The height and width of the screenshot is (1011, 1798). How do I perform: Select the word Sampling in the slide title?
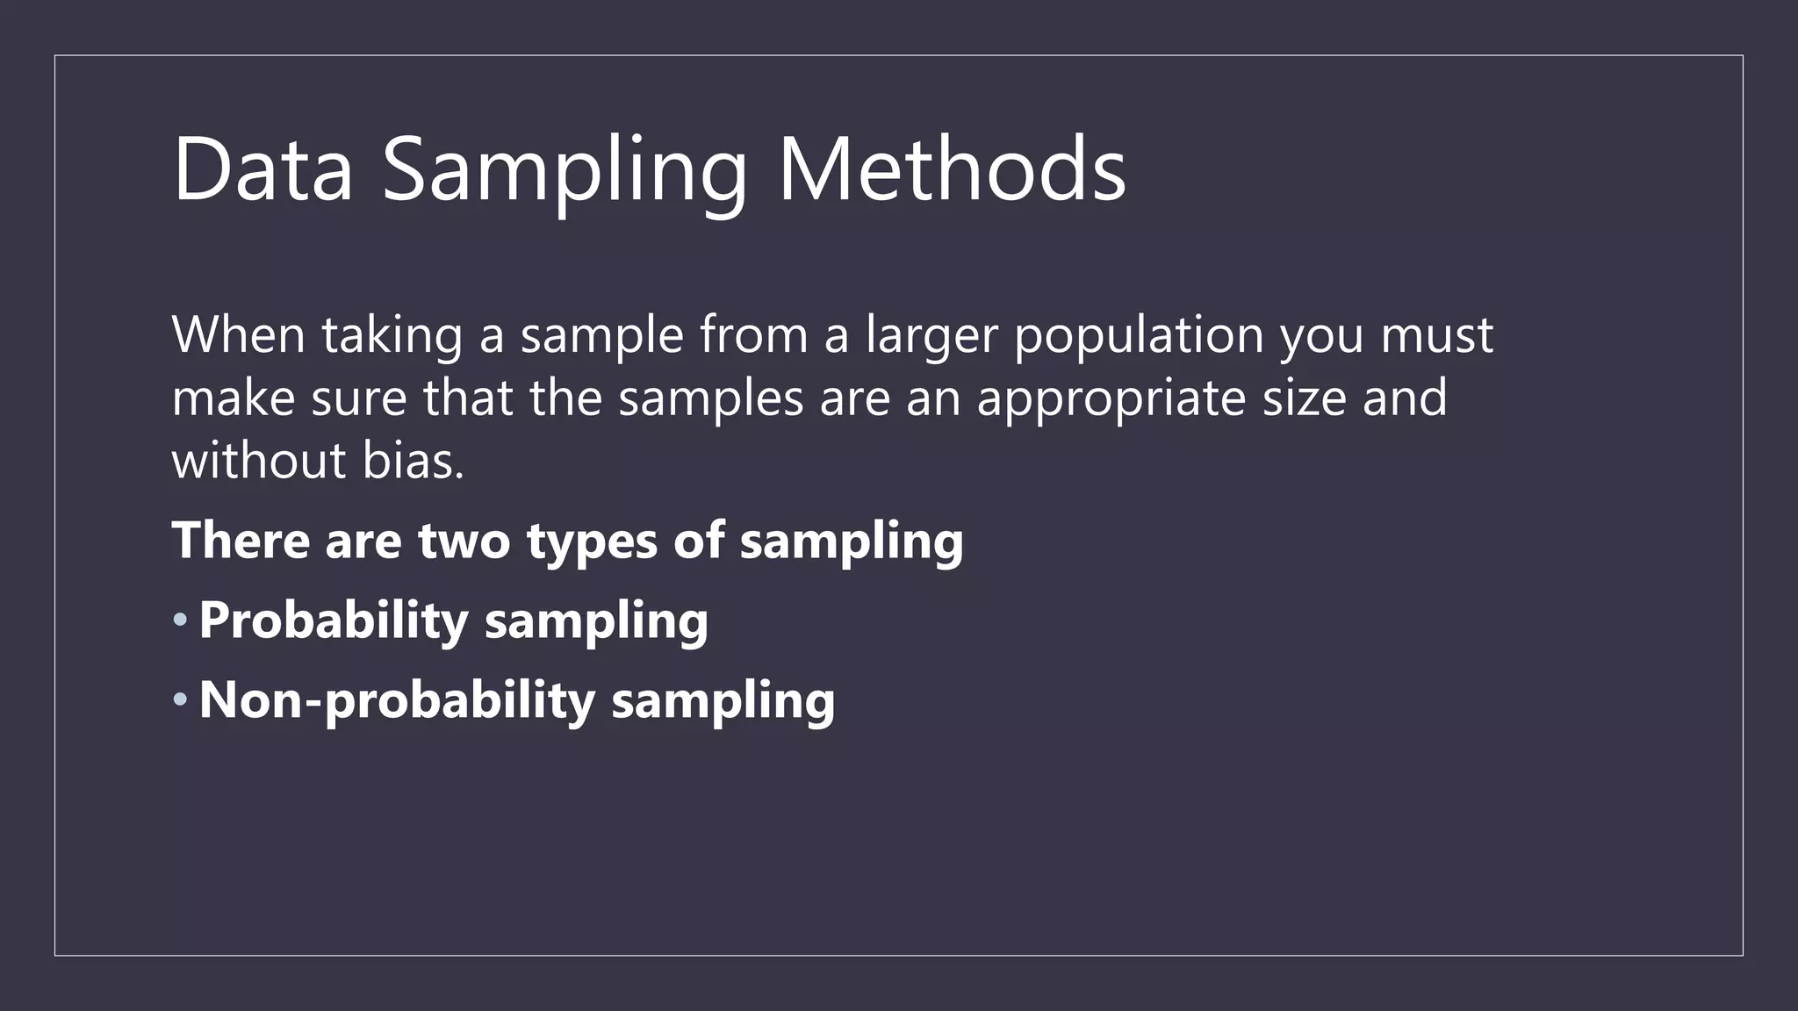pyautogui.click(x=565, y=171)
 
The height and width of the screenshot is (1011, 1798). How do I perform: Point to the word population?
pyautogui.click(x=1139, y=336)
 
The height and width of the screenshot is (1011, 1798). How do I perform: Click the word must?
pyautogui.click(x=1437, y=336)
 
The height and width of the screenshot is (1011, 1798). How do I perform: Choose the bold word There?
pyautogui.click(x=241, y=540)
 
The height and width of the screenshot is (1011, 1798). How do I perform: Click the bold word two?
pyautogui.click(x=464, y=541)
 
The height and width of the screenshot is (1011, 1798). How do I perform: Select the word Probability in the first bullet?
pyautogui.click(x=334, y=621)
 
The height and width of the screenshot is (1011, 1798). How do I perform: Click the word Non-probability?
pyautogui.click(x=397, y=701)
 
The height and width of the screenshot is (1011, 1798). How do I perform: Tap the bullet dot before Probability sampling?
pyautogui.click(x=180, y=620)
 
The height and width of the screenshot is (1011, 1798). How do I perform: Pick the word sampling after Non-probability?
pyautogui.click(x=723, y=701)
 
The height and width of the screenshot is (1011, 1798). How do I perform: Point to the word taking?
pyautogui.click(x=392, y=336)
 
